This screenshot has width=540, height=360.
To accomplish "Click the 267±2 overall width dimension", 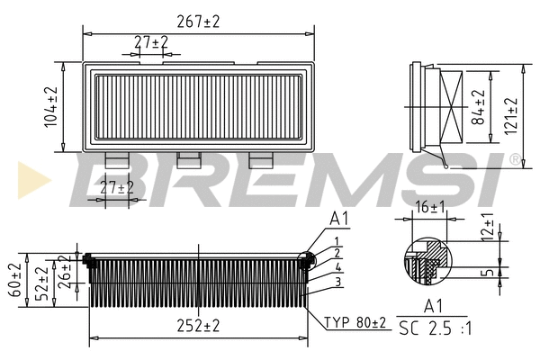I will click(197, 20).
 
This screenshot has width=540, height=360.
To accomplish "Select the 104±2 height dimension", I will click(51, 106).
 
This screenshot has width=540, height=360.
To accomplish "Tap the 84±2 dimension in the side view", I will click(480, 106).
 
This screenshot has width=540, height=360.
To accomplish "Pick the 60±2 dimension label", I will click(14, 280).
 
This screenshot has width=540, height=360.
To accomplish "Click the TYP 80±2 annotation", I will click(354, 321).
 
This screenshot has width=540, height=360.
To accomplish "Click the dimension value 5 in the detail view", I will click(489, 272).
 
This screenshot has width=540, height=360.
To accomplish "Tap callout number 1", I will click(337, 240).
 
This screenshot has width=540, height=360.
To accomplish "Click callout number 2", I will click(337, 254).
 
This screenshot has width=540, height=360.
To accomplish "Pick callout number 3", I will click(337, 282).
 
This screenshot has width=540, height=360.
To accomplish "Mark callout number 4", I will click(337, 267).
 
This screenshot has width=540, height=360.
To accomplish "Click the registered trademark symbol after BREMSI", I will click(514, 159).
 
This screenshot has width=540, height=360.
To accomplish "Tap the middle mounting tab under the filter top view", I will click(189, 159).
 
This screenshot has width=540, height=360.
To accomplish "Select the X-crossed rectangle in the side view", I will click(453, 106).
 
